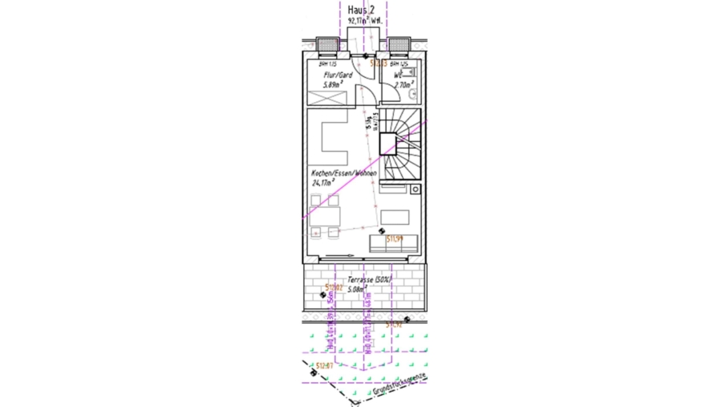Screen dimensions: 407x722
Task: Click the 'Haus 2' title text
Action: tap(361, 9)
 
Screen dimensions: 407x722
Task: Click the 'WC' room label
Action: tap(398, 75)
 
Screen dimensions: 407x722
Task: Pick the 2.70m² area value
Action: tap(403, 83)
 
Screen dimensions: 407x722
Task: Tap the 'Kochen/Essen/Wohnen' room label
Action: tap(344, 173)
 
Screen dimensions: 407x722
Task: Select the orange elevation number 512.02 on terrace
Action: tap(334, 287)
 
